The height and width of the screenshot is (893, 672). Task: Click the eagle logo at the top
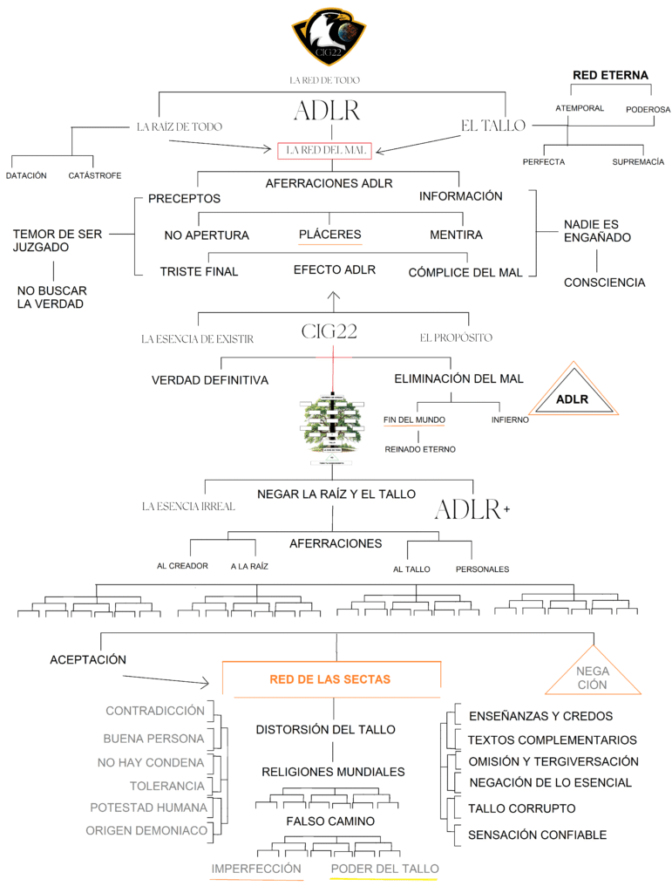[x=329, y=37]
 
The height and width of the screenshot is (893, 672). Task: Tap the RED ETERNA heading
[x=610, y=76]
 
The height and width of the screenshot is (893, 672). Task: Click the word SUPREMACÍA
[x=638, y=162]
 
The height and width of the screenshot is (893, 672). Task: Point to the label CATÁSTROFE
[x=93, y=175]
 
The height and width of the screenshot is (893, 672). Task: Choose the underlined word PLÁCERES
[x=329, y=235]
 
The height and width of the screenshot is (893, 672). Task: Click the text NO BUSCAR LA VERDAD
[x=52, y=297]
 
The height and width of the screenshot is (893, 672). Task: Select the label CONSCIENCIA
[x=604, y=283]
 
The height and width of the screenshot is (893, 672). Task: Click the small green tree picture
[x=330, y=426]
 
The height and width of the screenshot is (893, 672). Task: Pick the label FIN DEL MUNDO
[x=414, y=420]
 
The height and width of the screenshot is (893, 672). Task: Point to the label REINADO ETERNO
[x=419, y=449]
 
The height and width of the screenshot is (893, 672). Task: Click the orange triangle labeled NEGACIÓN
[x=593, y=673]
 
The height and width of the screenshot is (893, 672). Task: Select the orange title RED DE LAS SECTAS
[x=330, y=679]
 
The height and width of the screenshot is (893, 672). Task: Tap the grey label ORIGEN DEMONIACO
[x=146, y=831]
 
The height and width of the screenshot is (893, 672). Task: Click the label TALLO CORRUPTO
[x=521, y=808]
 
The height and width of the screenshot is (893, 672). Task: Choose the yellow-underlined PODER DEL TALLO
[x=384, y=869]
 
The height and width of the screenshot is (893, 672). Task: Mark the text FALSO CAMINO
[x=330, y=821]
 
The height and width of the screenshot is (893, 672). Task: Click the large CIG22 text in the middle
[x=329, y=331]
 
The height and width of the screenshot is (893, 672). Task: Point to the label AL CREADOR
[x=182, y=566]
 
